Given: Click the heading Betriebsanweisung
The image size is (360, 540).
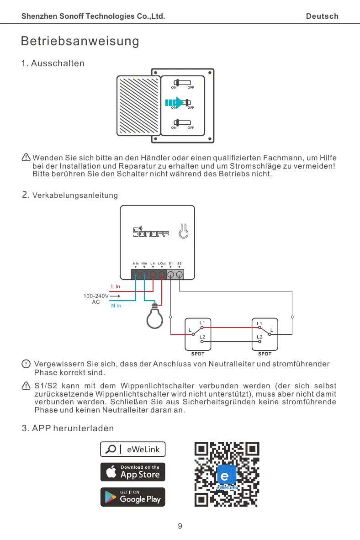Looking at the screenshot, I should pos(80,41).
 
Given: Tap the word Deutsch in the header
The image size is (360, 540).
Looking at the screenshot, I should pos(322,16).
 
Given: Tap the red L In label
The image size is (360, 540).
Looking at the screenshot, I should pos(116,286).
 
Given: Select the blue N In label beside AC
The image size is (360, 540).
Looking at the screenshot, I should pos(116,306).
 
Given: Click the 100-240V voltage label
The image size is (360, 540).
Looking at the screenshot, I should pos(95,296).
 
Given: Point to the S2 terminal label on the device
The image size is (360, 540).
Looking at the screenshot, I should pos(180,263).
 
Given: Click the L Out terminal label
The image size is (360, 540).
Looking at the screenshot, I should pos(162,263).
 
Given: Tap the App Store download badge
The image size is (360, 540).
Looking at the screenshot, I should pos(133,472).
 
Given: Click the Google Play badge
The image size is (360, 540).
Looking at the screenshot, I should pos(133,497).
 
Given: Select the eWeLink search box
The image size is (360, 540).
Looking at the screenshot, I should pos(133,449).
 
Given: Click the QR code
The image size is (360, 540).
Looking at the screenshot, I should pos(227,474).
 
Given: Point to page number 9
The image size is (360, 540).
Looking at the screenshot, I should pos(180,526).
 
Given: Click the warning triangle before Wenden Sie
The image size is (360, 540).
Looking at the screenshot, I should pos(26,158).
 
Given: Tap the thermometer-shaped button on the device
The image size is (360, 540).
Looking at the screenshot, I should pos(183,231).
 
